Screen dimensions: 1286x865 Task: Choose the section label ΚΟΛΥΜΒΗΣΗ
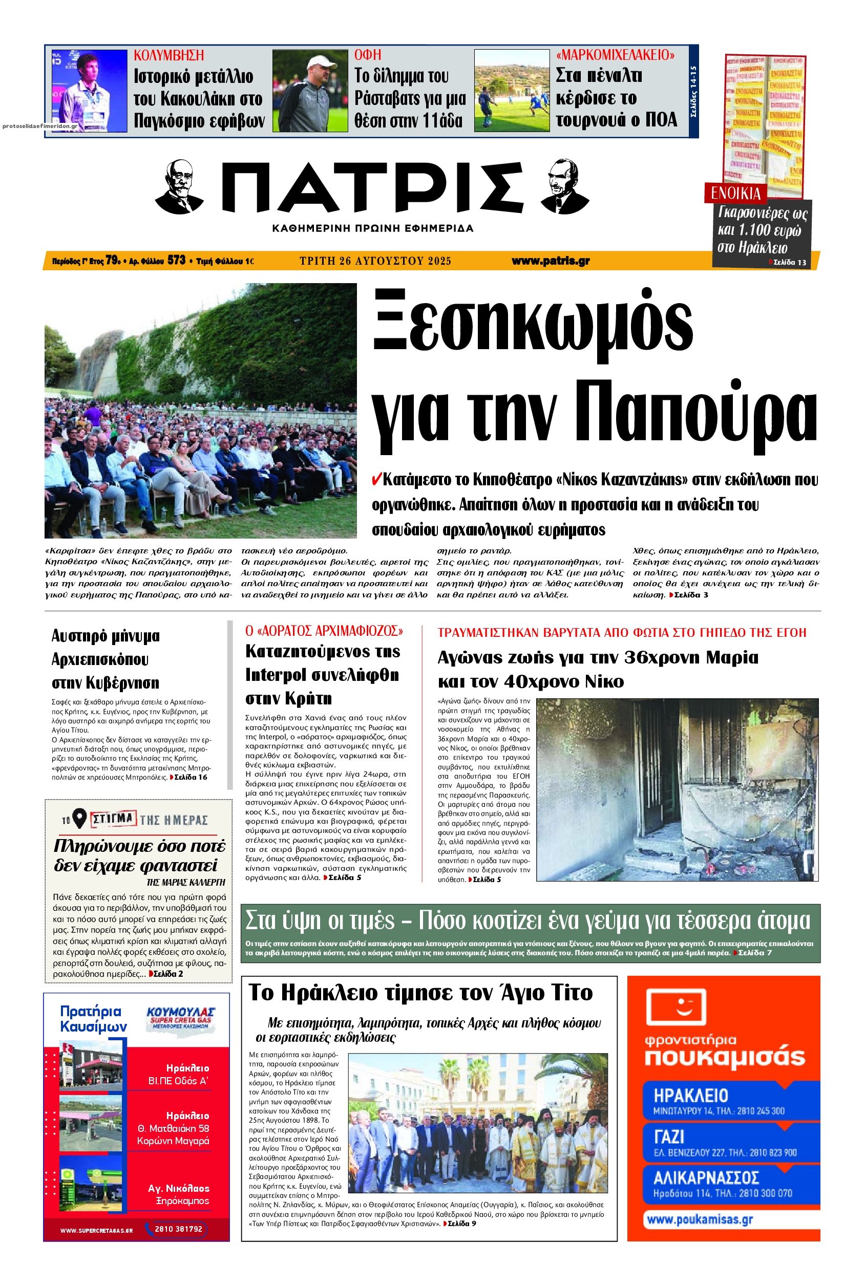tap(169, 55)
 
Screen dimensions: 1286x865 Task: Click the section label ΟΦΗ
tap(367, 55)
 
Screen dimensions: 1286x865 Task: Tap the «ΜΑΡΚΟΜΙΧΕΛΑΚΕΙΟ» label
tap(616, 55)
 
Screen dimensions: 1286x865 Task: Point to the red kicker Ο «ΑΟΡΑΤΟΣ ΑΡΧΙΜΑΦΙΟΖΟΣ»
tap(324, 630)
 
